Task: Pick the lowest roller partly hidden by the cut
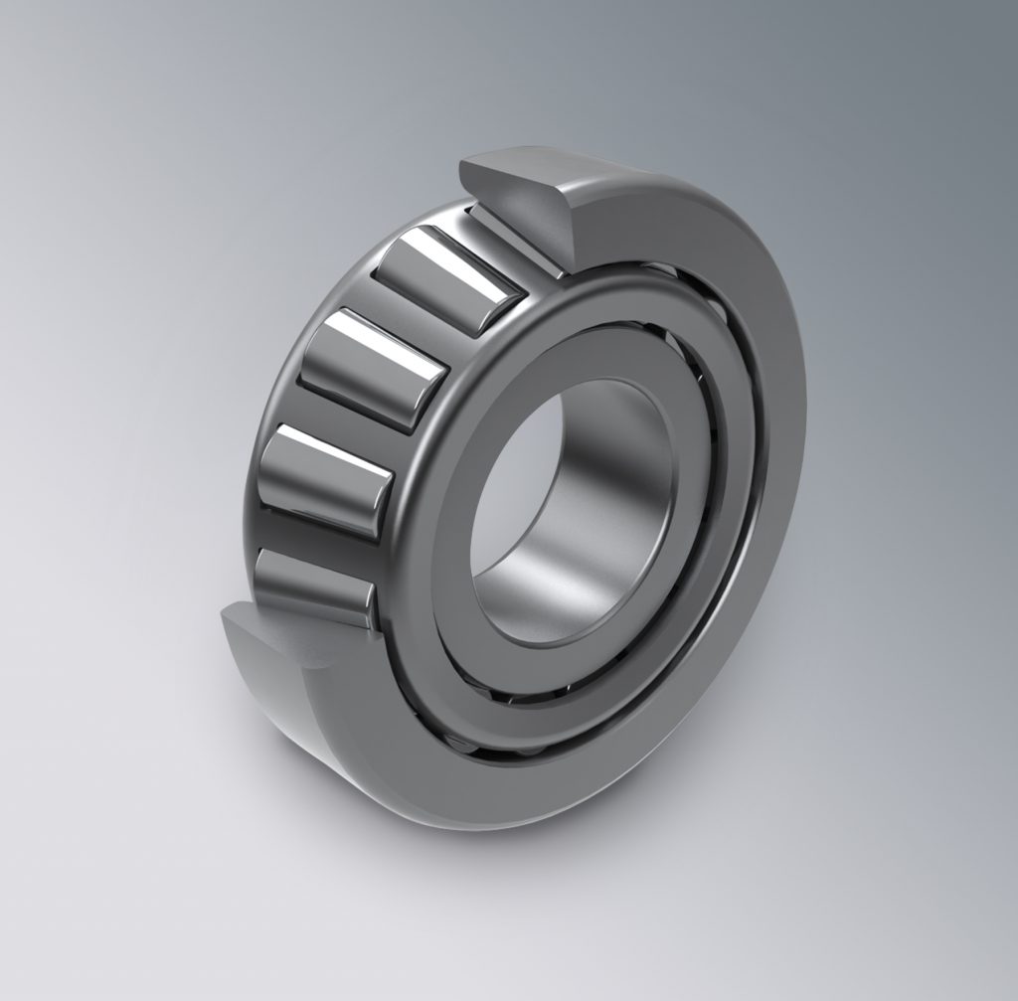312,586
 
